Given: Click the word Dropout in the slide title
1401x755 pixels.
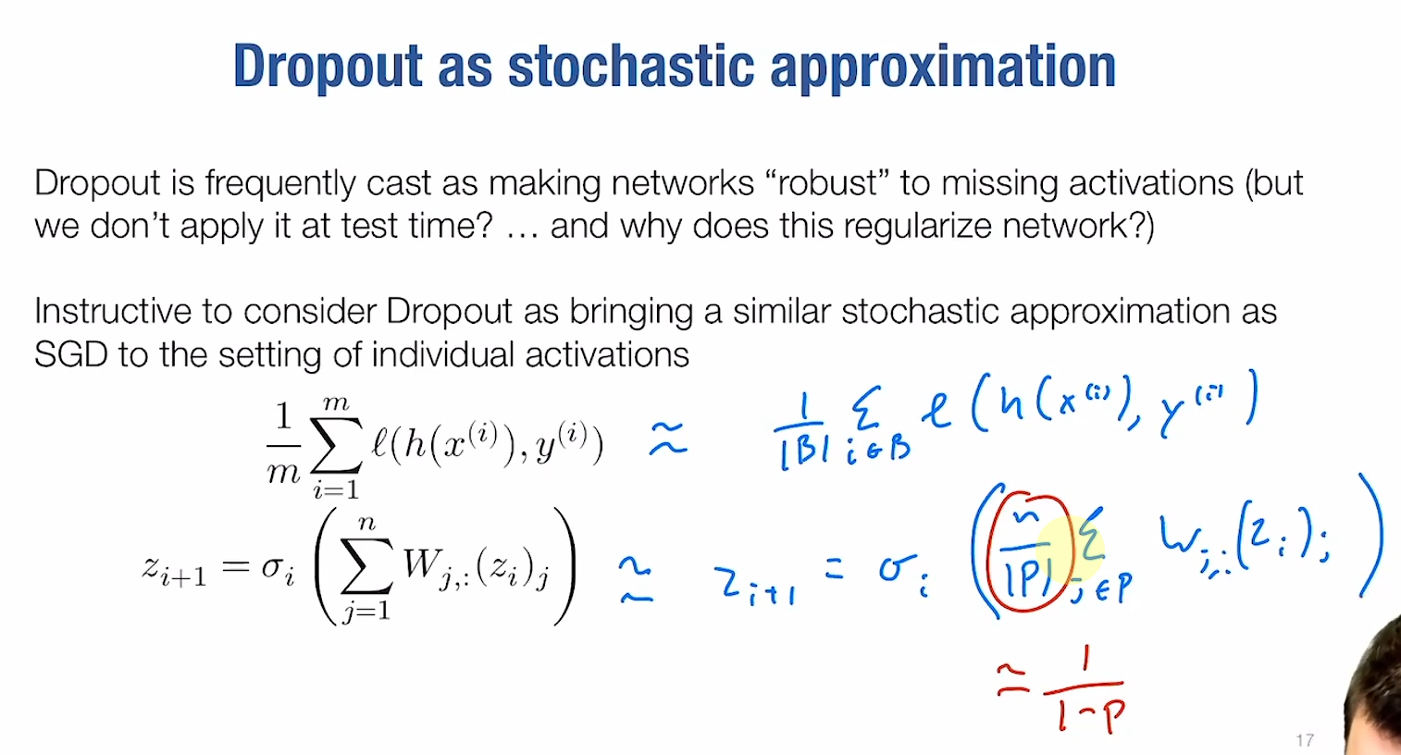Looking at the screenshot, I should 327,67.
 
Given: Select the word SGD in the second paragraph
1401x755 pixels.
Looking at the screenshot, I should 70,354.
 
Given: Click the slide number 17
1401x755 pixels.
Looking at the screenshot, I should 1305,740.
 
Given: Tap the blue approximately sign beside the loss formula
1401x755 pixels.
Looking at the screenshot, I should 668,439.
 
